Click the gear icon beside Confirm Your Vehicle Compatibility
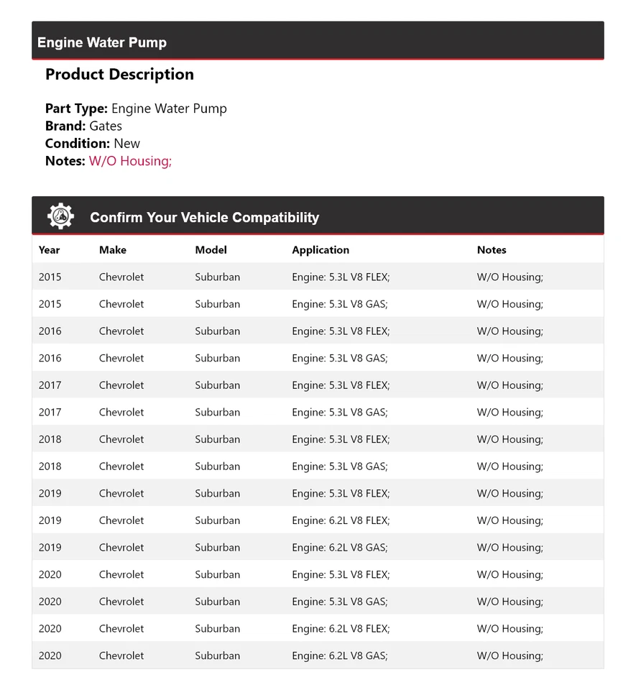[60, 216]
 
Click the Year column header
[50, 250]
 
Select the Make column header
[113, 250]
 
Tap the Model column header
[211, 250]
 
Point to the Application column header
[321, 250]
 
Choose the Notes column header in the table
[492, 250]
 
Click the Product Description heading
[119, 75]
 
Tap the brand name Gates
[106, 126]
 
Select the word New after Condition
[127, 144]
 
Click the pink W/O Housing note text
[130, 161]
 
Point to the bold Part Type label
[76, 109]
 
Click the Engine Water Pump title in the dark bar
[102, 43]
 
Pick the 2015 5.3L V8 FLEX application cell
[341, 277]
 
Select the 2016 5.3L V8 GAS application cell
[340, 359]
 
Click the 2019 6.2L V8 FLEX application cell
[341, 520]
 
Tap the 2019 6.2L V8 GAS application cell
[340, 548]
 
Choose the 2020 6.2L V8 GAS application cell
[340, 655]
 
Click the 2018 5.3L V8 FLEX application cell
[341, 439]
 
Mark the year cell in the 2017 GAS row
[50, 413]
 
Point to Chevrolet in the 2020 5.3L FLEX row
[121, 575]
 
